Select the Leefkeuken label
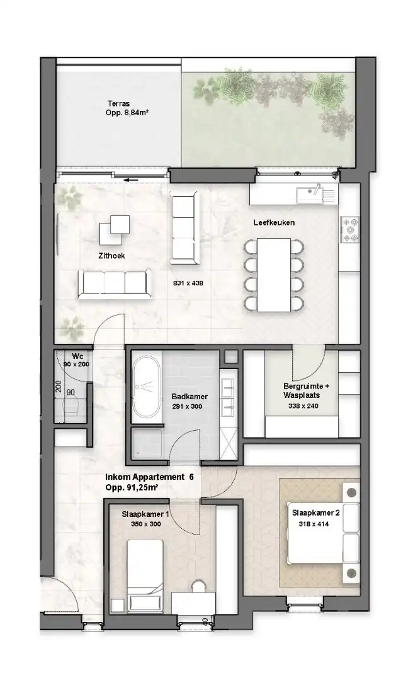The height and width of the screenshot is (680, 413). pyautogui.click(x=274, y=223)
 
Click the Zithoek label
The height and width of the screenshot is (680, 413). pyautogui.click(x=111, y=256)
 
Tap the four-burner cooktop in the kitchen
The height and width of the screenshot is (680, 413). pyautogui.click(x=349, y=230)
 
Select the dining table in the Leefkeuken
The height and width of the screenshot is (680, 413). pyautogui.click(x=272, y=274)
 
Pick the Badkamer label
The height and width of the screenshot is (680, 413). pyautogui.click(x=190, y=397)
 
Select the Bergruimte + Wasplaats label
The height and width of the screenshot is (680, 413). pyautogui.click(x=302, y=390)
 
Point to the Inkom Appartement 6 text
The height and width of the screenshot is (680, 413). pyautogui.click(x=149, y=477)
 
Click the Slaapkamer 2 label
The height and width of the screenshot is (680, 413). pyautogui.click(x=315, y=513)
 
